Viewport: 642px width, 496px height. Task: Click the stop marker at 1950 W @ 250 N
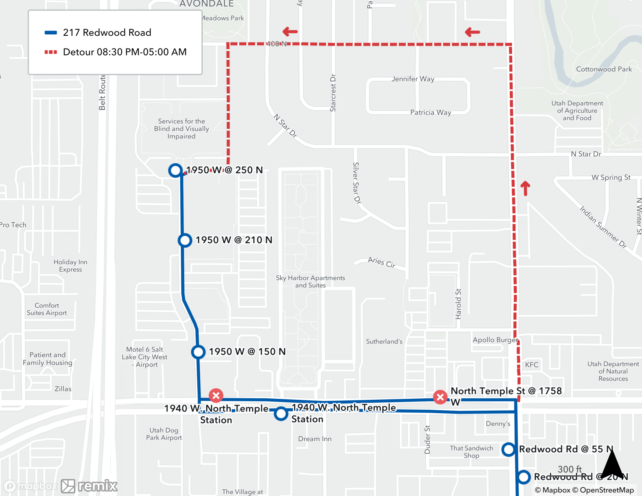175,170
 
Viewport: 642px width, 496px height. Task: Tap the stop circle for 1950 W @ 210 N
185,240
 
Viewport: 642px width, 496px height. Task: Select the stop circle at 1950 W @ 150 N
198,352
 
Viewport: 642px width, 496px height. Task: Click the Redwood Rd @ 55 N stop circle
508,449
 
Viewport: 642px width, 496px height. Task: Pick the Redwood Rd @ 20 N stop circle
524,477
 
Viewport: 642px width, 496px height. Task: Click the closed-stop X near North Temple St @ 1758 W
440,397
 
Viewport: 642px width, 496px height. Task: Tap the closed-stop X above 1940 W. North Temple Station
216,396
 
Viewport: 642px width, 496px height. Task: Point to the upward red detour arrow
525,188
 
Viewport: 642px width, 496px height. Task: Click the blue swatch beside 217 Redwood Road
51,32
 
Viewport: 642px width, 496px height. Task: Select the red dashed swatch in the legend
51,52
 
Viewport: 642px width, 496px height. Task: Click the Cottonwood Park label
603,69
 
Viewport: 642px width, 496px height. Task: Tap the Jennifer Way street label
413,79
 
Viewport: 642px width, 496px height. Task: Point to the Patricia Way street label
430,112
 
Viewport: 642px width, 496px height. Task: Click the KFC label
532,365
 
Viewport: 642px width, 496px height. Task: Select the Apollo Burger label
495,340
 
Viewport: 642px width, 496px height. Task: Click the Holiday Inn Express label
70,266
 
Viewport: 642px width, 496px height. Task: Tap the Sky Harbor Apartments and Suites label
310,282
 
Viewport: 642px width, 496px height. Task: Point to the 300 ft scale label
569,469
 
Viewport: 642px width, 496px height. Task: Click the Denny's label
498,424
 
